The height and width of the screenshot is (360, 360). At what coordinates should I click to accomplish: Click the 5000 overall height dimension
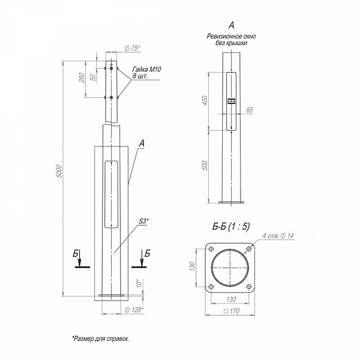pyautogui.click(x=59, y=171)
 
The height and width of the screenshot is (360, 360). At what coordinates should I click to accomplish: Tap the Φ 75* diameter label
pyautogui.click(x=132, y=48)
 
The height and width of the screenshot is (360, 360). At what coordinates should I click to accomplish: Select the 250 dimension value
pyautogui.click(x=82, y=77)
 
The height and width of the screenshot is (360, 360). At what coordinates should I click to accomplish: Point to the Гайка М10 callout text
pyautogui.click(x=147, y=69)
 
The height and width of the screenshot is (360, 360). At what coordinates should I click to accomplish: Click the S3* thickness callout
pyautogui.click(x=144, y=221)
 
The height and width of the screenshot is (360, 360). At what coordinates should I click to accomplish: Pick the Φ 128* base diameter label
pyautogui.click(x=134, y=310)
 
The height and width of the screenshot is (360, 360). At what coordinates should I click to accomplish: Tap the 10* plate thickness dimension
pyautogui.click(x=139, y=283)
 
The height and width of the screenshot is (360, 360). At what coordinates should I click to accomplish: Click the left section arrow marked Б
pyautogui.click(x=79, y=259)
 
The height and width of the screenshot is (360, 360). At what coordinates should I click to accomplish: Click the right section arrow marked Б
pyautogui.click(x=142, y=259)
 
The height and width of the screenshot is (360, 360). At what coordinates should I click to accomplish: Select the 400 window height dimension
pyautogui.click(x=205, y=101)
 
